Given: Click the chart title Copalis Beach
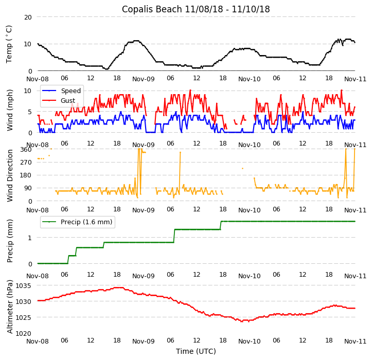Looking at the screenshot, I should point(196,9).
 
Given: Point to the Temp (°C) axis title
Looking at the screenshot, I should point(9,44).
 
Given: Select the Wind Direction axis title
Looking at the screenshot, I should point(9,175).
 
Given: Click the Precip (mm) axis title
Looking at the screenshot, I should point(9,241).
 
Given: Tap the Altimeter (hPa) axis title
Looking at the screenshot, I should point(9,307).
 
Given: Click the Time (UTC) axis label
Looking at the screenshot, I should point(196,351).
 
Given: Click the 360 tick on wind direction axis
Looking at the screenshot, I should point(26,149).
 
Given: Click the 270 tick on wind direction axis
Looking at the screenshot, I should point(26,162).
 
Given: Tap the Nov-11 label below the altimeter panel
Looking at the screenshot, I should point(356,341).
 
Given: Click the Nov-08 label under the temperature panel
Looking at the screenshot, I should point(38,79).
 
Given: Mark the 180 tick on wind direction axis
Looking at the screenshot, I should point(26,175).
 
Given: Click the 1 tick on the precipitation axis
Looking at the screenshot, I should point(30,238).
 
